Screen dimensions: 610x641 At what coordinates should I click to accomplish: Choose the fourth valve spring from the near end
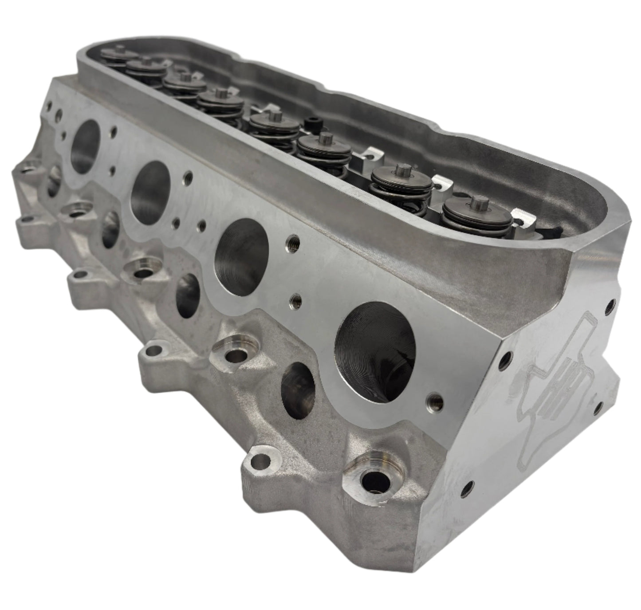pyautogui.click(x=268, y=122)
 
